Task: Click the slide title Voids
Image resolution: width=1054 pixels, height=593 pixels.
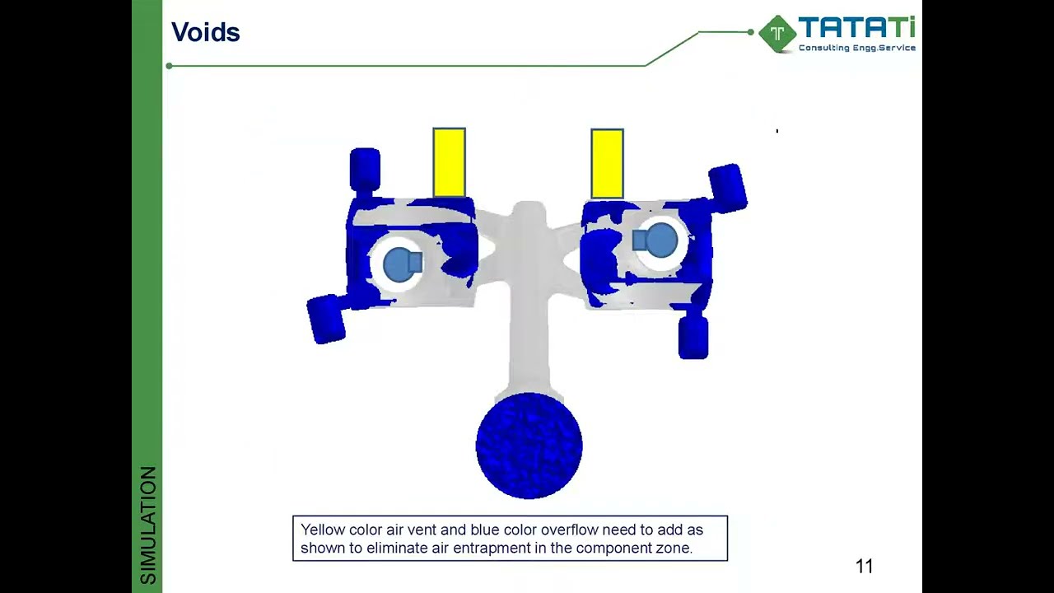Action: pos(205,33)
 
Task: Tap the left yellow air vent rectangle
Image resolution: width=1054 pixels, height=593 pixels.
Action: pos(449,162)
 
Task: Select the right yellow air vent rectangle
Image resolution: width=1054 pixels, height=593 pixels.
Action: pos(607,163)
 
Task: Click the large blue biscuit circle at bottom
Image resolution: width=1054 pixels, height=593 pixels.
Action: pos(529,446)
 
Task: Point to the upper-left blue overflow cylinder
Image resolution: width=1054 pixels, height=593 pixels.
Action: pos(365,169)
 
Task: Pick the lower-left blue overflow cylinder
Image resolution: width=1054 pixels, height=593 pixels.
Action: pos(327,318)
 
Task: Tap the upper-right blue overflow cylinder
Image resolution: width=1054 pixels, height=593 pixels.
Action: pos(727,188)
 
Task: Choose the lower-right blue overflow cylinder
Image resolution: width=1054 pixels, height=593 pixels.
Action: pos(693,338)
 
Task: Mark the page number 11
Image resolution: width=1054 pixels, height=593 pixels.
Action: pos(864,567)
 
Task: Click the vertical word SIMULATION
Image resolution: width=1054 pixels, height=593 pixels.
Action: pos(148,525)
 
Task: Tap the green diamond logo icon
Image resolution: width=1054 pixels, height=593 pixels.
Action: pos(777,34)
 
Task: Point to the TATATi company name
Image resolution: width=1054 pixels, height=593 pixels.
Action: pos(856,29)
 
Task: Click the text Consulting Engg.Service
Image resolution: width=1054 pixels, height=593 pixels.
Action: pos(856,48)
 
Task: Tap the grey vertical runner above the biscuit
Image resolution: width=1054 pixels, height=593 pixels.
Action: pos(528,329)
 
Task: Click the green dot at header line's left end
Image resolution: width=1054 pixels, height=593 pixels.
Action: pos(169,66)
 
